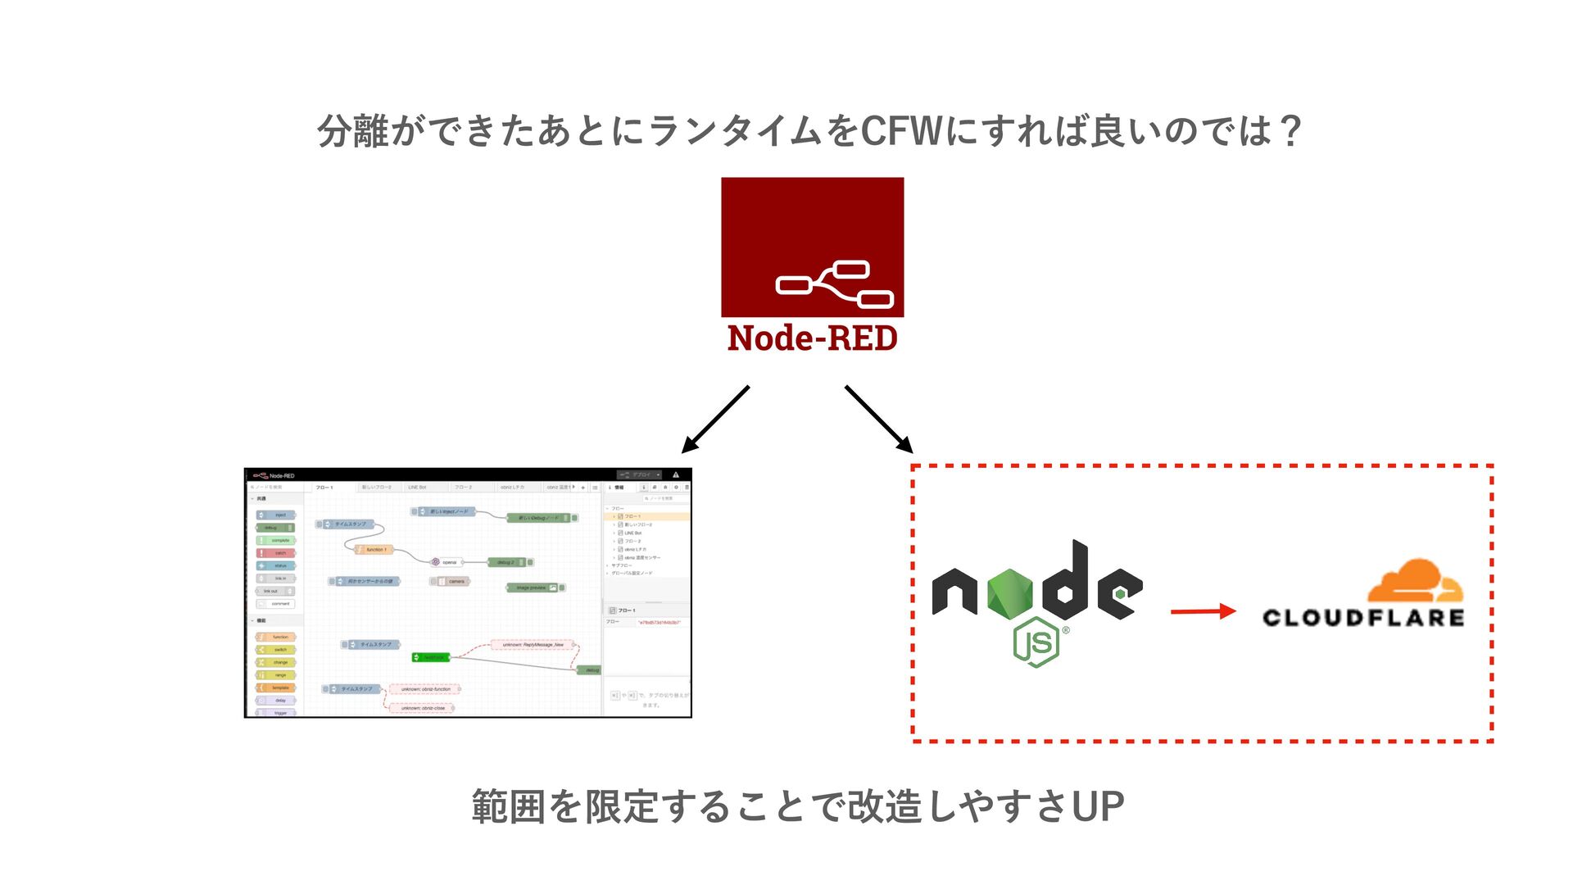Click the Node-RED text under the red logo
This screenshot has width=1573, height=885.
(x=812, y=338)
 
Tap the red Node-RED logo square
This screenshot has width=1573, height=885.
(x=812, y=247)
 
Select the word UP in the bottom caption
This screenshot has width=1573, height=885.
(x=1097, y=806)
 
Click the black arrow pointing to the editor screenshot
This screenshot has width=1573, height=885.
(x=714, y=420)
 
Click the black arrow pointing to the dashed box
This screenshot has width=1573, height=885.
(x=879, y=420)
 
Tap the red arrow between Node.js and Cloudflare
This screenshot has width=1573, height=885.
(x=1202, y=611)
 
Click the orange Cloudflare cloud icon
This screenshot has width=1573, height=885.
(x=1415, y=582)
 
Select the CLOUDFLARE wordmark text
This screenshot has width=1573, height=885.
(x=1362, y=618)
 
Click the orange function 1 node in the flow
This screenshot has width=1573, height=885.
(x=373, y=550)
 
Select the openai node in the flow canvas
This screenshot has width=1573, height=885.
(x=447, y=562)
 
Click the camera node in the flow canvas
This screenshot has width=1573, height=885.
(x=451, y=582)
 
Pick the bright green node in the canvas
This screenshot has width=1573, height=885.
(x=431, y=657)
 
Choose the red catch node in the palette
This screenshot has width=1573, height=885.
(x=276, y=553)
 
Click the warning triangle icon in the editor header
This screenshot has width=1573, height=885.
(x=676, y=474)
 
